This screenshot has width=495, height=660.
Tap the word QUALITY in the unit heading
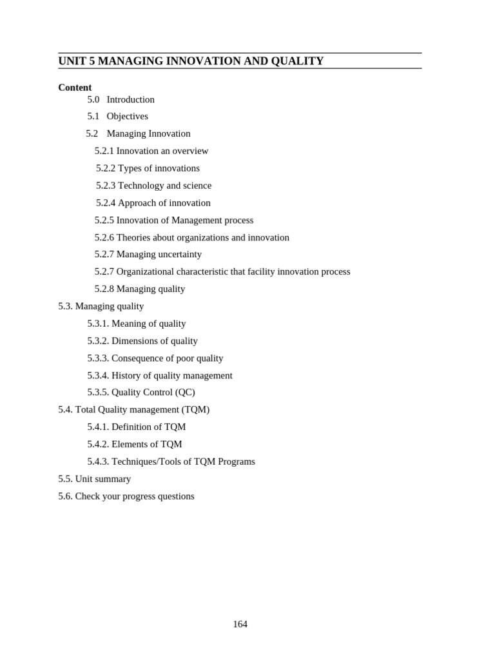(x=296, y=61)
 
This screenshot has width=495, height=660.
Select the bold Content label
(x=75, y=88)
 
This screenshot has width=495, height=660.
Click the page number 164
(x=240, y=624)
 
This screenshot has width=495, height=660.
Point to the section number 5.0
(x=93, y=99)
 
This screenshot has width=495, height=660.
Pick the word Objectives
(x=128, y=116)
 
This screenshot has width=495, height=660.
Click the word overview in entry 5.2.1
(x=191, y=151)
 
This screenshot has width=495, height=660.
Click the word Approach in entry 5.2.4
(x=137, y=203)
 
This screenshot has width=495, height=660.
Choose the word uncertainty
(x=178, y=255)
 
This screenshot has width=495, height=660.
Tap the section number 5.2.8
(x=104, y=289)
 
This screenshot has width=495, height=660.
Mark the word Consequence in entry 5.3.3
(x=141, y=358)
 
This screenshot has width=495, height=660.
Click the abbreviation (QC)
(x=185, y=393)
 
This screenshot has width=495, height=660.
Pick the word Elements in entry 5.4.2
(x=130, y=444)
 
